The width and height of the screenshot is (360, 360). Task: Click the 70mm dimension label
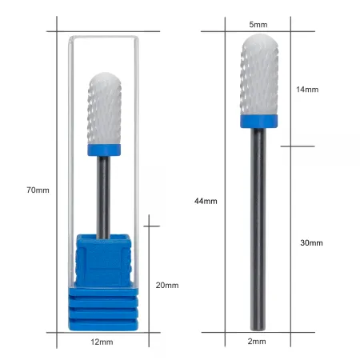click(38, 190)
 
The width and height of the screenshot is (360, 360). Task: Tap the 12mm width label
click(102, 342)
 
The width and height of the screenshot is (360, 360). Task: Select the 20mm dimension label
click(167, 285)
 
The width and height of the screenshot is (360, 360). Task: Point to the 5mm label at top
click(258, 25)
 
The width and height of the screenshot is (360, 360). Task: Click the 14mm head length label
click(307, 90)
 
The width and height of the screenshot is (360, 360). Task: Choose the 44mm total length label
click(206, 201)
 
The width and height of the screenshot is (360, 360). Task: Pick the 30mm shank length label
click(311, 242)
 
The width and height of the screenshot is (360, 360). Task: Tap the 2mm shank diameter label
click(257, 341)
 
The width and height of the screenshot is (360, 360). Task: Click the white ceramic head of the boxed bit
click(104, 109)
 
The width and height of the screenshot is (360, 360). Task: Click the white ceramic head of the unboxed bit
click(259, 74)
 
